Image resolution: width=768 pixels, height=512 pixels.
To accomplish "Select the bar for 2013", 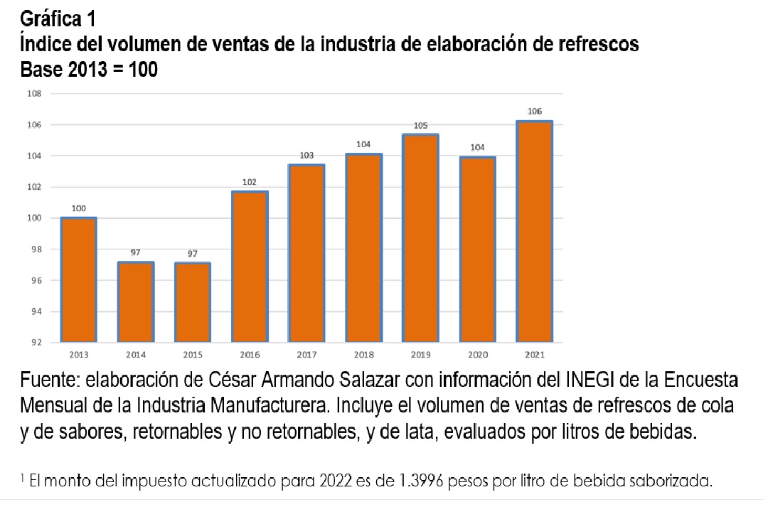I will pyautogui.click(x=78, y=279).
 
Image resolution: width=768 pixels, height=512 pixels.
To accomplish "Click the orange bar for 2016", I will pyautogui.click(x=249, y=267).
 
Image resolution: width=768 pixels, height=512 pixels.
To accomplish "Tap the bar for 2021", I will pyautogui.click(x=535, y=232).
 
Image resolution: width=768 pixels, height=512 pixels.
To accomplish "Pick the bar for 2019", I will pyautogui.click(x=420, y=238).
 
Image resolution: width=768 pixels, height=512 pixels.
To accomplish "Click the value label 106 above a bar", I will pyautogui.click(x=535, y=112).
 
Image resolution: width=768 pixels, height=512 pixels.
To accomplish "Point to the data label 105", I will pyautogui.click(x=420, y=125).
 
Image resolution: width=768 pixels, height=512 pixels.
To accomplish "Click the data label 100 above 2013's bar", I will pyautogui.click(x=78, y=208).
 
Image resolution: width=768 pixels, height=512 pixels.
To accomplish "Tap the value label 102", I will pyautogui.click(x=249, y=182).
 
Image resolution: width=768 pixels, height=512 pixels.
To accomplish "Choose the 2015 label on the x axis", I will pyautogui.click(x=192, y=353).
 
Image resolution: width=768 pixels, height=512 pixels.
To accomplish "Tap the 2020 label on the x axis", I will pyautogui.click(x=477, y=353).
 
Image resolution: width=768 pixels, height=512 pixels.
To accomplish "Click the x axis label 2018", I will pyautogui.click(x=363, y=353).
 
